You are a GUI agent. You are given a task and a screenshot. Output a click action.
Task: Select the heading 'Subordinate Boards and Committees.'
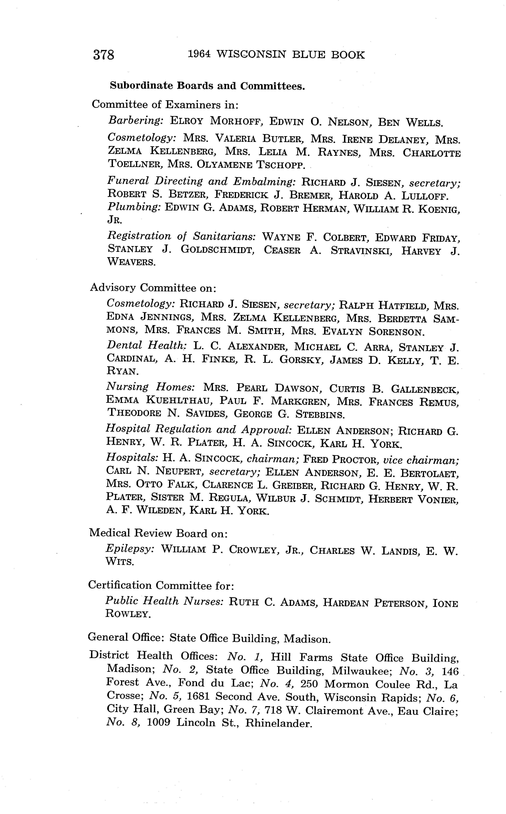[208, 86]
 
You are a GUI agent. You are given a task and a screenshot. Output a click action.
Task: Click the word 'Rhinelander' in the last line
[278, 723]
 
